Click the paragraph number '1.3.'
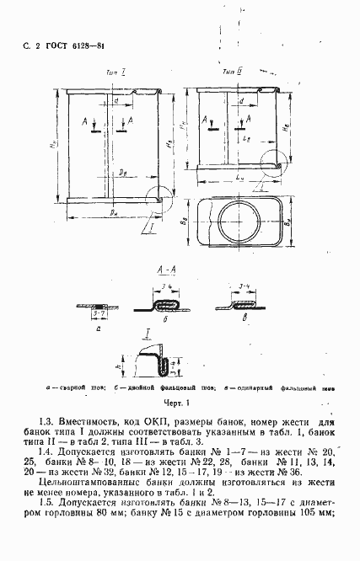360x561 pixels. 49,422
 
